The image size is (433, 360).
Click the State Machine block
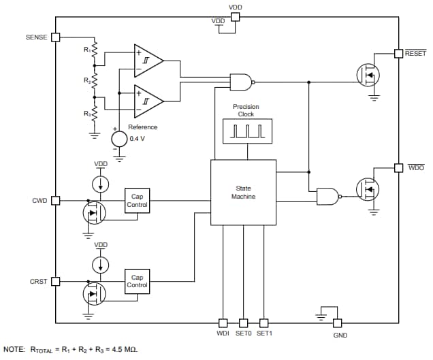click(x=243, y=193)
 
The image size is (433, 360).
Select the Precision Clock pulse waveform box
click(x=246, y=131)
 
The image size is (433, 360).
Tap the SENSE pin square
click(x=56, y=37)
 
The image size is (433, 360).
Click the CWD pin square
click(x=56, y=201)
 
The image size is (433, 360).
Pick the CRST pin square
click(x=56, y=281)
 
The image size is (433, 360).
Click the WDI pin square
click(x=223, y=323)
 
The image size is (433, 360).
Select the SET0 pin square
click(x=243, y=323)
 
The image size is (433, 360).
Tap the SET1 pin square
click(x=263, y=323)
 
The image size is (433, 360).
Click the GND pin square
click(x=337, y=323)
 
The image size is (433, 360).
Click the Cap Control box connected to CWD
click(x=137, y=201)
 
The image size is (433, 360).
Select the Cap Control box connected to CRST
click(x=137, y=281)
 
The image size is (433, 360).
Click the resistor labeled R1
click(x=95, y=51)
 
